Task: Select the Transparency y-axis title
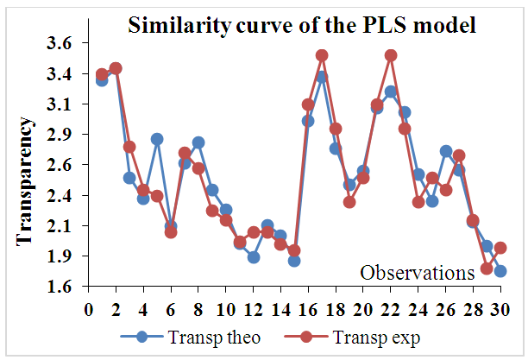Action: point(26,180)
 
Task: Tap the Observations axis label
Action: point(418,273)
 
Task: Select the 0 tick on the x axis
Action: point(88,308)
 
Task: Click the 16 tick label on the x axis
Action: point(308,308)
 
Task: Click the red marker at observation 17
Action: point(322,55)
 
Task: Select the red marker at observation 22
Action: point(390,55)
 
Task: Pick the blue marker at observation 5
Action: point(157,139)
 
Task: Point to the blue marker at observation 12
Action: point(254,256)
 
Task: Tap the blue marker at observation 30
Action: point(500,271)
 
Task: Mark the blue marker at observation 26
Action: point(445,151)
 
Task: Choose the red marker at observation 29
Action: point(487,268)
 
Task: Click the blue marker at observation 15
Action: point(294,260)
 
